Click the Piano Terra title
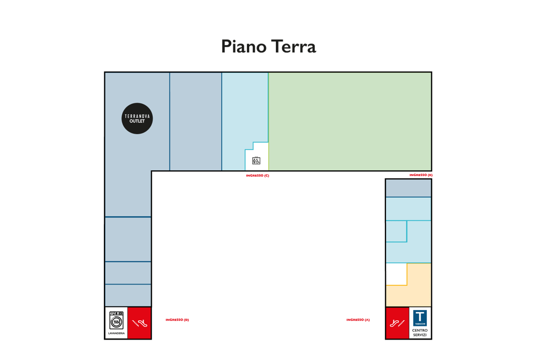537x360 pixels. pyautogui.click(x=268, y=47)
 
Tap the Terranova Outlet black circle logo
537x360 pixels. pyautogui.click(x=137, y=118)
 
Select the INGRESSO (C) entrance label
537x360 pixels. pyautogui.click(x=257, y=176)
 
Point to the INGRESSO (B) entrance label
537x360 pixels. pyautogui.click(x=421, y=175)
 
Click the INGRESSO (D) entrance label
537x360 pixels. pyautogui.click(x=177, y=320)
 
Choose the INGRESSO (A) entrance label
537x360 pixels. pyautogui.click(x=358, y=320)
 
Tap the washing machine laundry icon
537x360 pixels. pyautogui.click(x=116, y=320)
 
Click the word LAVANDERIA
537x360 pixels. pyautogui.click(x=116, y=333)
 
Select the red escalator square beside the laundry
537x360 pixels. pyautogui.click(x=139, y=323)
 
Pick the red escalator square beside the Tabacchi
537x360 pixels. pyautogui.click(x=398, y=323)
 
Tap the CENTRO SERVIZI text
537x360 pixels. pyautogui.click(x=420, y=333)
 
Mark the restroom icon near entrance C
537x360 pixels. pyautogui.click(x=256, y=160)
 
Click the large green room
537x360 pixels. pyautogui.click(x=350, y=122)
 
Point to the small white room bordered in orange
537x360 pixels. pyautogui.click(x=396, y=274)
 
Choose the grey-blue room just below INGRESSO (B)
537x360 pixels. pyautogui.click(x=408, y=188)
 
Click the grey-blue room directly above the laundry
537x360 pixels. pyautogui.click(x=128, y=296)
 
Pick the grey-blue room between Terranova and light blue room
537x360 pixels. pyautogui.click(x=196, y=122)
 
